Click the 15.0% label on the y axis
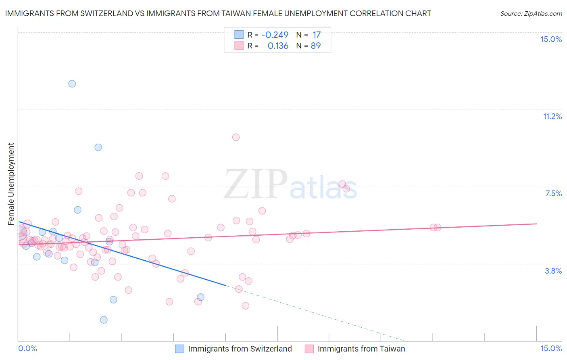coord(551,39)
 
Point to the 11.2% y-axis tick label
coord(552,116)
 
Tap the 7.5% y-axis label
coord(553,193)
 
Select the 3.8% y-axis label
coord(553,271)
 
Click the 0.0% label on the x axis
coord(28,348)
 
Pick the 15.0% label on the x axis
coord(551,348)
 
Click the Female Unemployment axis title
coord(11,184)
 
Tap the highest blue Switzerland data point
coord(72,84)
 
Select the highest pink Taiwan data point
coord(236,137)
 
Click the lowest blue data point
coord(104,320)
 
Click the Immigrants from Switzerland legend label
coord(240,349)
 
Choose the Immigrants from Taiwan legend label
coord(361,349)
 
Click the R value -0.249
coord(275,35)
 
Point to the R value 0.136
coord(278,46)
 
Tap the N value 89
coord(316,46)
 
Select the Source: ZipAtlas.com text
coord(531,14)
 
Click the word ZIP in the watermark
coord(256,184)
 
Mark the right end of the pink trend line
coord(536,224)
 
